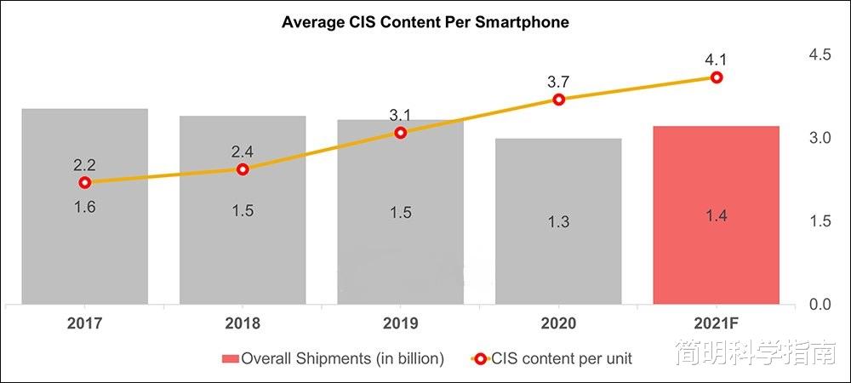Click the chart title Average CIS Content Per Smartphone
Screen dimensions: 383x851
pyautogui.click(x=425, y=23)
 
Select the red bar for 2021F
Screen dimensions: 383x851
pyautogui.click(x=716, y=255)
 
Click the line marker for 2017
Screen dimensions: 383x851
pyautogui.click(x=84, y=182)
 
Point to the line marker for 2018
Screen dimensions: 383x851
pyautogui.click(x=243, y=169)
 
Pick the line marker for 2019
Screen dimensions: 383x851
pyautogui.click(x=401, y=133)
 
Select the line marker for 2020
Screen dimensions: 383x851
pyautogui.click(x=558, y=100)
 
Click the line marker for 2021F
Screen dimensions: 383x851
pyautogui.click(x=717, y=77)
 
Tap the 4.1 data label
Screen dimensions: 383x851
pyautogui.click(x=717, y=59)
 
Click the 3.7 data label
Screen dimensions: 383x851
pyautogui.click(x=558, y=82)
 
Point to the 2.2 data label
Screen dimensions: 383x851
pyautogui.click(x=84, y=164)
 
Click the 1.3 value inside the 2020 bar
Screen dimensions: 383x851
pyautogui.click(x=558, y=222)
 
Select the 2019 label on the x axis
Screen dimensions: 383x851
pyautogui.click(x=400, y=323)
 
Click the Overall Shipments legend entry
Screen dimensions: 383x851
pyautogui.click(x=333, y=358)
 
